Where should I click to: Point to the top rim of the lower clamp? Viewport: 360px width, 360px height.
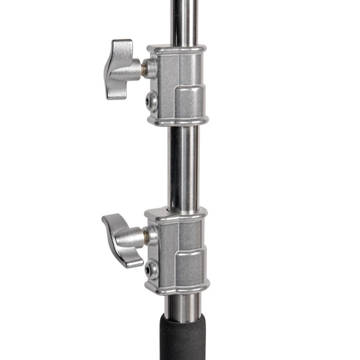(x=177, y=212)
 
